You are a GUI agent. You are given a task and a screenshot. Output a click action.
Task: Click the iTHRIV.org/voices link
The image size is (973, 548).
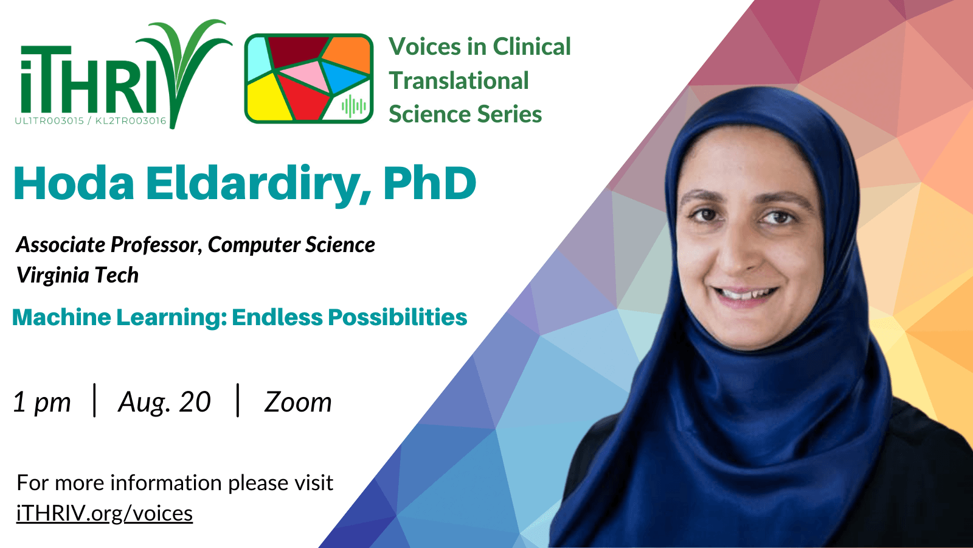tap(104, 514)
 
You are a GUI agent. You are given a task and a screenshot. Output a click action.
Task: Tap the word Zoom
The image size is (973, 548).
tap(298, 402)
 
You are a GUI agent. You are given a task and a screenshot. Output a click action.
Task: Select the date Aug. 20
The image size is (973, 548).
tap(165, 402)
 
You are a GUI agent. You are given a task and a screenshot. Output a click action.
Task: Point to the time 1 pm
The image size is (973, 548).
tap(42, 402)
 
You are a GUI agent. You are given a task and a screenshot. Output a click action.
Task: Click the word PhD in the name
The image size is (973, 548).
tap(429, 183)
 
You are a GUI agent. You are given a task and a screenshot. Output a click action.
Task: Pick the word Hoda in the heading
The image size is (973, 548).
tap(74, 183)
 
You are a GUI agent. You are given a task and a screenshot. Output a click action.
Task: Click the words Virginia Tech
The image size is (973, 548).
tap(77, 275)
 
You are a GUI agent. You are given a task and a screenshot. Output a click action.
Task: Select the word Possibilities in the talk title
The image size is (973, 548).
tap(397, 317)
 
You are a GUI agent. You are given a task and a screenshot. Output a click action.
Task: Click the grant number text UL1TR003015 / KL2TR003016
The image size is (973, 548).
tap(91, 121)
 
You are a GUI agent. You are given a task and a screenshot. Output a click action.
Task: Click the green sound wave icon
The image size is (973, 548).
tap(353, 106)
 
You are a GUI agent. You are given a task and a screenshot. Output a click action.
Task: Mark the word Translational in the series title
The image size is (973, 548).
tap(459, 81)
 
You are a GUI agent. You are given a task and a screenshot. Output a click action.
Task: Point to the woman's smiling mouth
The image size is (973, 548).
tap(744, 296)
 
